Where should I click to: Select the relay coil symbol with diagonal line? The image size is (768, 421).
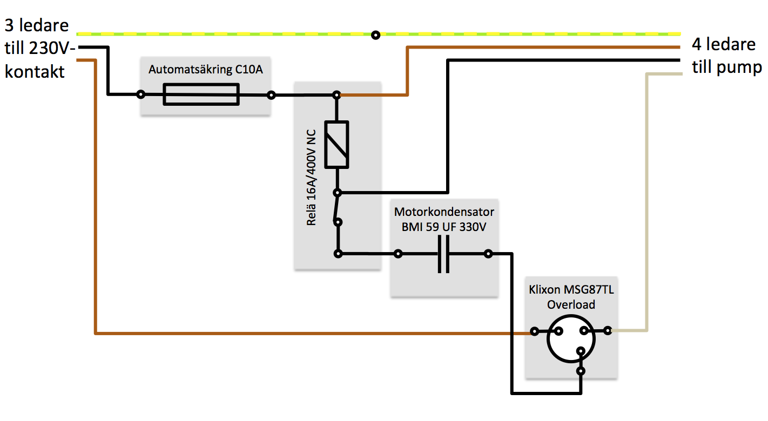pyautogui.click(x=336, y=145)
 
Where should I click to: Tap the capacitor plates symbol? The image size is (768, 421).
pyautogui.click(x=443, y=254)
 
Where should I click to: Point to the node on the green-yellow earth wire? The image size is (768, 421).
pyautogui.click(x=376, y=35)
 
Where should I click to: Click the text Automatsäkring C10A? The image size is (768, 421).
pyautogui.click(x=205, y=70)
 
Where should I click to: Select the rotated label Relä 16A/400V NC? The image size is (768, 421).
pyautogui.click(x=311, y=178)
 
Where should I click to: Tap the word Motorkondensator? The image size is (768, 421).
pyautogui.click(x=444, y=212)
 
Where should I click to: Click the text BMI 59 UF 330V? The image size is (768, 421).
pyautogui.click(x=443, y=227)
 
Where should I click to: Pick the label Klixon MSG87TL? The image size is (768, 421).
pyautogui.click(x=571, y=289)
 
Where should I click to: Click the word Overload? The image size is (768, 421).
pyautogui.click(x=571, y=304)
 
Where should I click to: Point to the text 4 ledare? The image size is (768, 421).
pyautogui.click(x=724, y=44)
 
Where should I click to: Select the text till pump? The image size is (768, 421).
pyautogui.click(x=726, y=67)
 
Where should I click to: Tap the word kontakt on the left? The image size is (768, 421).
pyautogui.click(x=35, y=72)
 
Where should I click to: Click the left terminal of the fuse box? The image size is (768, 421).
pyautogui.click(x=140, y=94)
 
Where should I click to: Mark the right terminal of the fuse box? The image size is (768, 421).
pyautogui.click(x=271, y=95)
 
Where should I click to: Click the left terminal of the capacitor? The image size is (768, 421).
pyautogui.click(x=398, y=254)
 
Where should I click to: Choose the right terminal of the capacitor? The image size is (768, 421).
pyautogui.click(x=488, y=254)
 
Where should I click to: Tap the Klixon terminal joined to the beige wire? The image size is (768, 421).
pyautogui.click(x=608, y=330)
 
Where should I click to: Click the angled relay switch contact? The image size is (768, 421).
pyautogui.click(x=336, y=208)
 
